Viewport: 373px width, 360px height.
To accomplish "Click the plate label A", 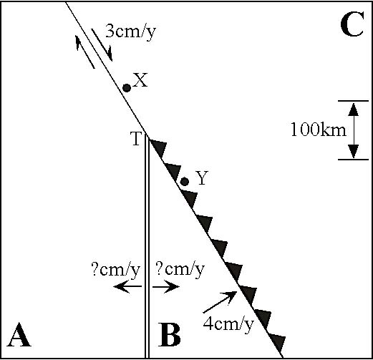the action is [19, 334].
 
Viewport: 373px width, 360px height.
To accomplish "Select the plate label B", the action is [170, 334].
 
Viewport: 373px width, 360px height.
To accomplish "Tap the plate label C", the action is [352, 24].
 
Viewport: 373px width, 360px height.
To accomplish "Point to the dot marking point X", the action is [127, 88].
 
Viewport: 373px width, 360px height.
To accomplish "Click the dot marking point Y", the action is [185, 182].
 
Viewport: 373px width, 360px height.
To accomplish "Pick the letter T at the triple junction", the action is [136, 139].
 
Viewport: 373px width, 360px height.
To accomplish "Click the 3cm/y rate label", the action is [130, 32].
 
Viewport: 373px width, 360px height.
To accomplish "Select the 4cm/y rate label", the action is [228, 324].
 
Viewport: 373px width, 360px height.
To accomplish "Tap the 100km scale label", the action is [319, 130].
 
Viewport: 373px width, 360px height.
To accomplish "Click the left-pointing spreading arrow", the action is [127, 286].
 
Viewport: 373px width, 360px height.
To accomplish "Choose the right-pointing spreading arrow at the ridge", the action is [166, 286].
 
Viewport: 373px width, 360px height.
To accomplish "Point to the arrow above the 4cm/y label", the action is [220, 302].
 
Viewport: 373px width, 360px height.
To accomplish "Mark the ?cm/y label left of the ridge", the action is [115, 271].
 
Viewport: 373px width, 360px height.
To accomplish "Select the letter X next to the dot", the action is [140, 80].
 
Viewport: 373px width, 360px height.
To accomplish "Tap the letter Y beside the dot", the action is [202, 178].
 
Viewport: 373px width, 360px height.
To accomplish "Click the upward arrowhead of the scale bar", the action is [354, 110].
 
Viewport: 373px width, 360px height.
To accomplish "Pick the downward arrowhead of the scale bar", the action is [354, 151].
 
